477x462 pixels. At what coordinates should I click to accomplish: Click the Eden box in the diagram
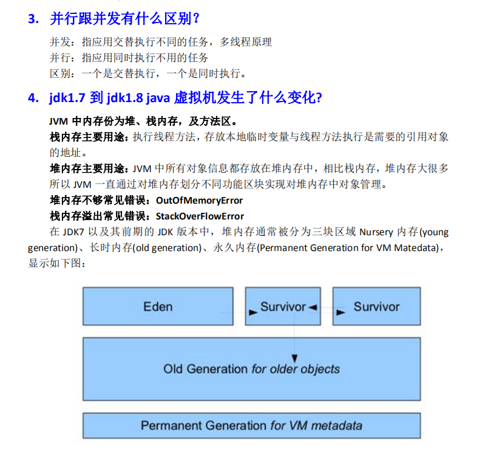[158, 306]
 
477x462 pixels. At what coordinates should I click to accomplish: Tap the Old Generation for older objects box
[251, 368]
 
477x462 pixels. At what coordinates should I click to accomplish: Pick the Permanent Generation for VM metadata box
[251, 425]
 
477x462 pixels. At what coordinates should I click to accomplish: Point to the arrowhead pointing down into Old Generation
[295, 358]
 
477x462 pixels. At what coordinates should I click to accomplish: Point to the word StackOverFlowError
[200, 216]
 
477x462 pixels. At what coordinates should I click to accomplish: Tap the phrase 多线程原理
[246, 42]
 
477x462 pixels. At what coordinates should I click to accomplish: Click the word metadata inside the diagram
[336, 425]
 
